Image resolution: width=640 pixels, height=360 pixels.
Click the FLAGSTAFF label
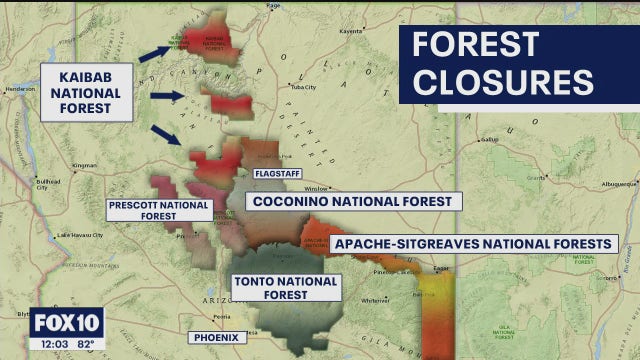pos(278,173)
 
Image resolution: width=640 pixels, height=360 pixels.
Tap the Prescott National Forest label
pos(160,210)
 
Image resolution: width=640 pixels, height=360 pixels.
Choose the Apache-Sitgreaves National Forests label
pos(472,243)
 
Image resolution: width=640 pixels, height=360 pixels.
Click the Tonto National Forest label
pos(287,288)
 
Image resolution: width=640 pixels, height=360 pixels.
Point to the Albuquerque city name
pos(621,185)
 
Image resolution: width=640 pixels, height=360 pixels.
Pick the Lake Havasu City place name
pos(79,235)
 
